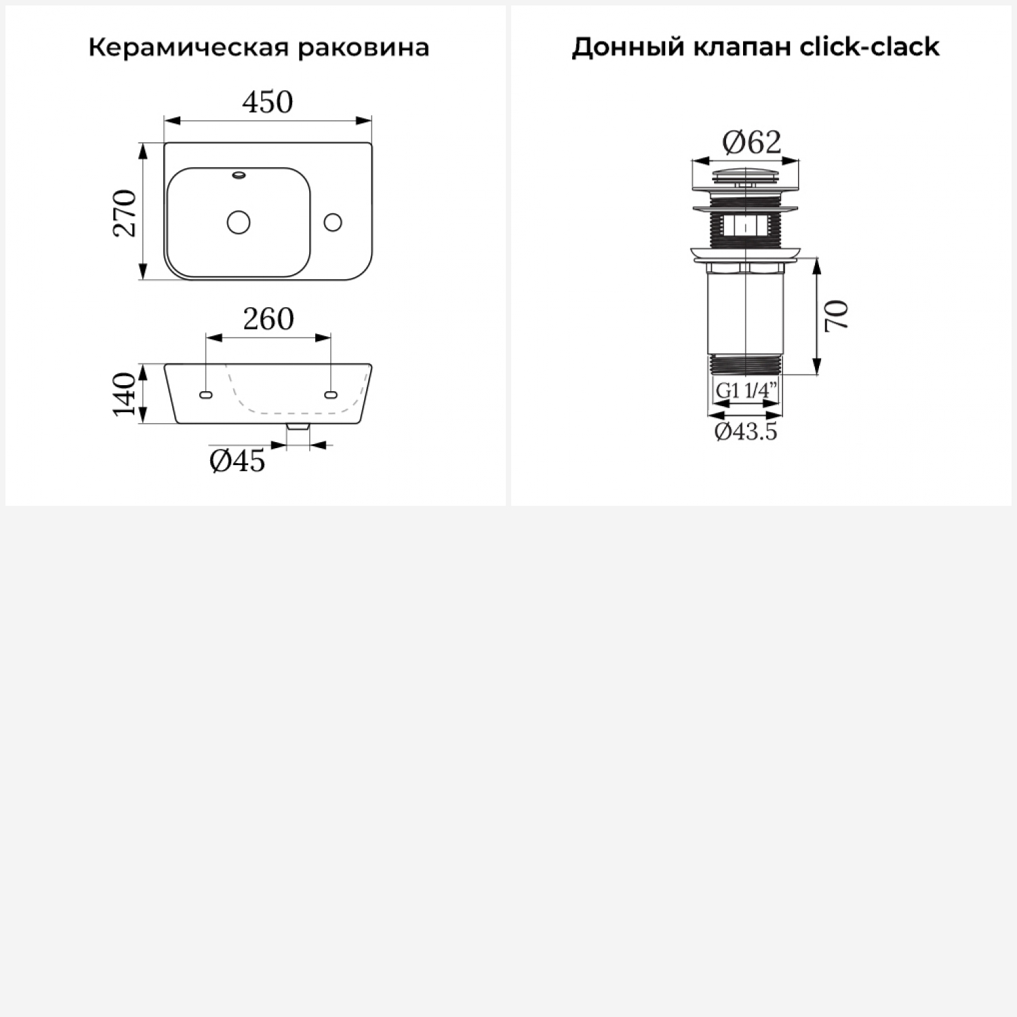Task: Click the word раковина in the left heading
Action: coord(363,48)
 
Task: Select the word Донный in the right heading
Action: coord(629,47)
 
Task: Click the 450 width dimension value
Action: coord(268,102)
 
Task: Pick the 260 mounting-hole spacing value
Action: coord(268,319)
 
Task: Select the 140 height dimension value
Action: coord(125,394)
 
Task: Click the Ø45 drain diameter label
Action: coord(237,461)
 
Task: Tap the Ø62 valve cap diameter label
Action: coord(752,142)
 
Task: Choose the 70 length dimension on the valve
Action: coord(837,315)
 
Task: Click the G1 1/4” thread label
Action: coord(746,391)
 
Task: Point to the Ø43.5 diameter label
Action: coord(746,431)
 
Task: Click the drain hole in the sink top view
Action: coord(239,222)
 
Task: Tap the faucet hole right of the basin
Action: coord(333,222)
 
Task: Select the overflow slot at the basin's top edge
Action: coord(239,175)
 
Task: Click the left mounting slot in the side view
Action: coord(206,395)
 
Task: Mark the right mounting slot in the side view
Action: coord(331,395)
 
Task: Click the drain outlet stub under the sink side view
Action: coord(298,426)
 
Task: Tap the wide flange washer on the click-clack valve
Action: coord(746,254)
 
